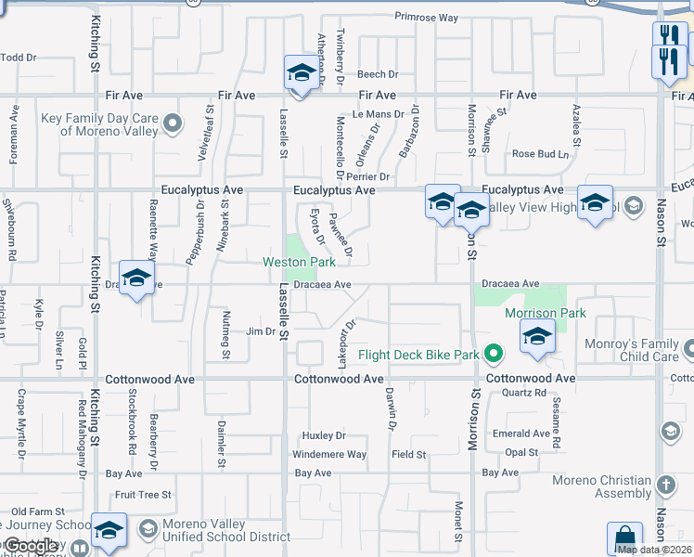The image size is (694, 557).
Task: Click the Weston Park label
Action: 299,263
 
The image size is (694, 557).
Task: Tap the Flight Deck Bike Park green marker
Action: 494,354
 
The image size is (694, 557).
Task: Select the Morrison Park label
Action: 546,313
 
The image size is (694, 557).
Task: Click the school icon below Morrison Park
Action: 537,339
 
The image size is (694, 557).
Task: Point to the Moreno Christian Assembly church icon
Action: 666,485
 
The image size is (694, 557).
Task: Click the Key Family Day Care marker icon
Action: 172,123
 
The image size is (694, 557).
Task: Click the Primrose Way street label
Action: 427,18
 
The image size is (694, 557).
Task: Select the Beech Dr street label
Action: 378,74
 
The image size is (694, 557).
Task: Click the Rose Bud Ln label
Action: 539,154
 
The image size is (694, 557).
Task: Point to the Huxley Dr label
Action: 324,435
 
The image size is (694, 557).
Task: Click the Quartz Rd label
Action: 524,393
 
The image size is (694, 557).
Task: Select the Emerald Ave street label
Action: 521,434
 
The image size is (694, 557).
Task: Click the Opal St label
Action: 520,452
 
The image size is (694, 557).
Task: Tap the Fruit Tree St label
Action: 143,495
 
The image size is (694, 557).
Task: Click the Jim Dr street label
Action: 261,331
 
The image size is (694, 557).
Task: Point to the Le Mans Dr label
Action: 379,115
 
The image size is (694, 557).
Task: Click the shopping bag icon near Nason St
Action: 624,538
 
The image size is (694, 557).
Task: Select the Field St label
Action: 408,455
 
